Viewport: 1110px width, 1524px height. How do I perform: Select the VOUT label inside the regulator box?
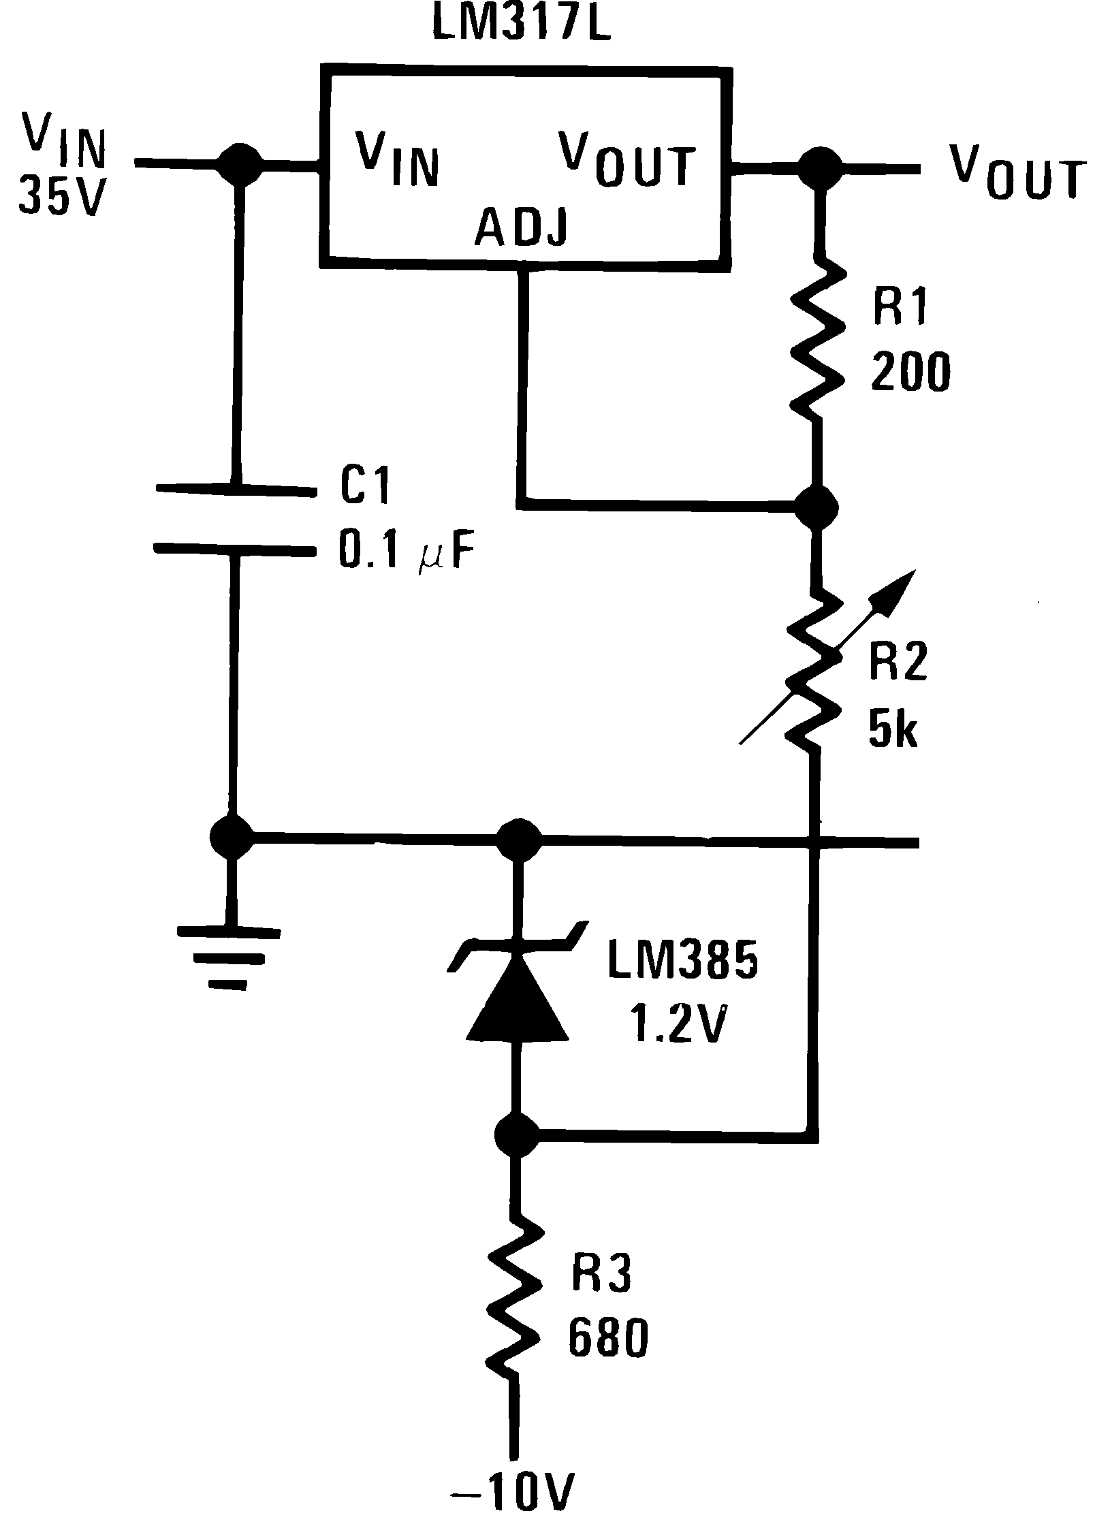pos(627,161)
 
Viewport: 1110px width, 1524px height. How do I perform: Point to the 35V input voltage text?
pos(63,195)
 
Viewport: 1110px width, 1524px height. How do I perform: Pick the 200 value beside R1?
pos(910,372)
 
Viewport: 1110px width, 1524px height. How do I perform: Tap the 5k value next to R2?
pos(893,731)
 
